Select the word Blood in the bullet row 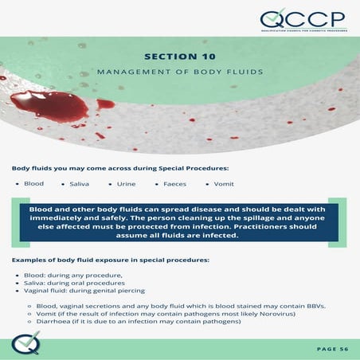[x=34, y=184]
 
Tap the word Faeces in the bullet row [x=174, y=184]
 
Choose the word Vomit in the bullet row [x=224, y=184]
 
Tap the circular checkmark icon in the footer [x=26, y=345]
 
